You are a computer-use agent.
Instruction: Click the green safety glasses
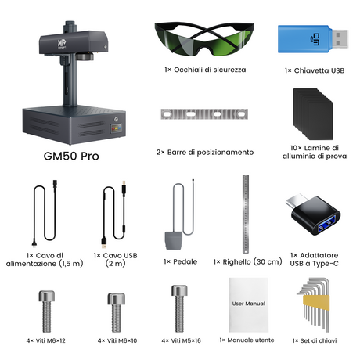pos(204,39)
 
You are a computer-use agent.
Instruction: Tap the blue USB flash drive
pos(313,39)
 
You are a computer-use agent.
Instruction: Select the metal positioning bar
pos(204,114)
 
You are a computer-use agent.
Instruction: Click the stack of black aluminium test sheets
pos(313,114)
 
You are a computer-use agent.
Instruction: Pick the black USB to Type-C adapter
pos(314,214)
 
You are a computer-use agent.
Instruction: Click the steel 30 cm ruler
pos(246,214)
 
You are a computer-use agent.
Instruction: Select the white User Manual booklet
pos(249,304)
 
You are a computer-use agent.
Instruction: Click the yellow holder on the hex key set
pos(316,303)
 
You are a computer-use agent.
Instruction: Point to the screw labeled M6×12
pos(47,311)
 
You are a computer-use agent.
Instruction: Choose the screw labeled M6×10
pos(117,312)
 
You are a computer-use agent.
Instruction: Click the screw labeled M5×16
pos(179,308)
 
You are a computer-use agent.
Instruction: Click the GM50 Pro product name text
pos(71,157)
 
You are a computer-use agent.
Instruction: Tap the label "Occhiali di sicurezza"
pos(210,70)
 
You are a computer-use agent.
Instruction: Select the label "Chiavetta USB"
pos(319,70)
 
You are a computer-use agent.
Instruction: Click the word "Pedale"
pos(185,261)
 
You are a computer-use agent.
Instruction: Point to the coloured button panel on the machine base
pos(117,128)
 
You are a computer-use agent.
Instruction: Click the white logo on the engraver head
pos(62,44)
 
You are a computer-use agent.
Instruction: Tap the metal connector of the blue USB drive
pos(340,39)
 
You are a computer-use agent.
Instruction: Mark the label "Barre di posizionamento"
pos(211,153)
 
